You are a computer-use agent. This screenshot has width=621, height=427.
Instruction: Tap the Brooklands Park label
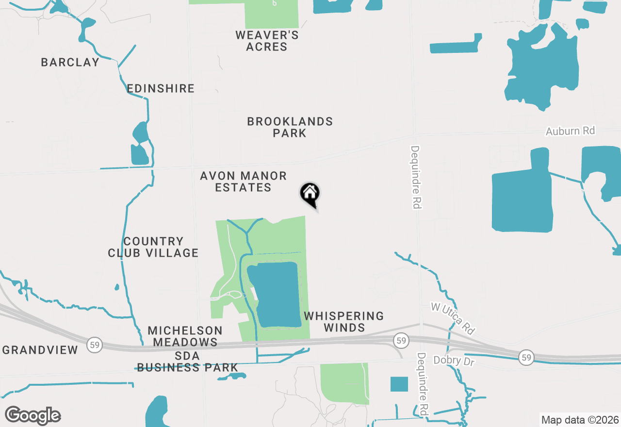point(290,127)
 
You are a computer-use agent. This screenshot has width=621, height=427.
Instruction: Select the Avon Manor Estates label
point(243,181)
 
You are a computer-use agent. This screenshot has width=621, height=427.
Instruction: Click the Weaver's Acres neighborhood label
point(267,41)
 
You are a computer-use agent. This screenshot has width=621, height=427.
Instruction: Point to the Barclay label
point(70,62)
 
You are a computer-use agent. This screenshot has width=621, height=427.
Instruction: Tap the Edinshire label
point(160,88)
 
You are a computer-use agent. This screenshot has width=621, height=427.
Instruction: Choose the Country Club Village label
point(153,247)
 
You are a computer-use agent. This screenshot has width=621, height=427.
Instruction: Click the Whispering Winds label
point(343,322)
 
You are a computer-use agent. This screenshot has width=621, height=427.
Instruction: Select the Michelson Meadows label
point(185,336)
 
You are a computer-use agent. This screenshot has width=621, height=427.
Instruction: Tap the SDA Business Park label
point(187,362)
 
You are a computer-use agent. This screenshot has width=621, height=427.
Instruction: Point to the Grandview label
point(40,350)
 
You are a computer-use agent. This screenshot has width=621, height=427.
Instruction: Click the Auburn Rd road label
point(570,131)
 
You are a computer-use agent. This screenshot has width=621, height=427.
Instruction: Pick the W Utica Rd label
point(453,318)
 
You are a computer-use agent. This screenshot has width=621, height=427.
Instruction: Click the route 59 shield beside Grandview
point(95,345)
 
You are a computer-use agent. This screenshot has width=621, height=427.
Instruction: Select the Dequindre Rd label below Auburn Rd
point(415,177)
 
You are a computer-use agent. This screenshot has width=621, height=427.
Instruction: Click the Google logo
point(33,415)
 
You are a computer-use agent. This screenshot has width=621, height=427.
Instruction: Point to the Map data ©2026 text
point(580,420)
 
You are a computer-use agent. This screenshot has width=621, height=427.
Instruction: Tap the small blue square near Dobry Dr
point(399,384)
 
